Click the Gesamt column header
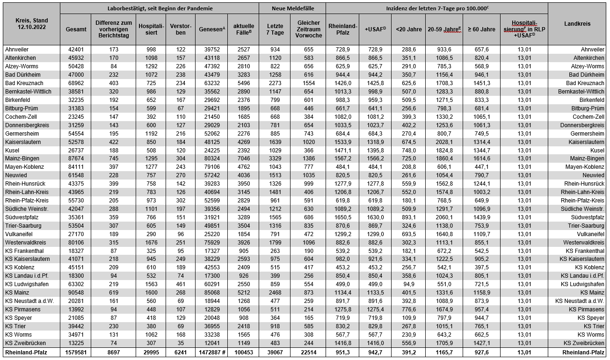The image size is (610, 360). [76, 29]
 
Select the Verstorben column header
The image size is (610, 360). [181, 29]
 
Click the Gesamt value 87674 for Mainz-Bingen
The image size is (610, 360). [76, 158]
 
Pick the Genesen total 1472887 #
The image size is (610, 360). [211, 353]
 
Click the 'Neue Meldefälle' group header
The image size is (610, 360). [292, 9]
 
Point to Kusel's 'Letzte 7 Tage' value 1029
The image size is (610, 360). [274, 150]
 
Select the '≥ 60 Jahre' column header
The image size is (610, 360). [481, 29]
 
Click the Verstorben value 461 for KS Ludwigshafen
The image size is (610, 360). [181, 284]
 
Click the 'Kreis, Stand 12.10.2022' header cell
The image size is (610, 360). [31, 24]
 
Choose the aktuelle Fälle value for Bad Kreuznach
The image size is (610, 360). [244, 83]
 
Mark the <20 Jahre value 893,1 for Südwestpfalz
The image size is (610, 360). [408, 217]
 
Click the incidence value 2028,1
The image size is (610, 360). [444, 142]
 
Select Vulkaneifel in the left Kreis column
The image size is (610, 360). [20, 234]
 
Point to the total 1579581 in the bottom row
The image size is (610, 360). [76, 353]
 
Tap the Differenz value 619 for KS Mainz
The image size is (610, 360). [113, 293]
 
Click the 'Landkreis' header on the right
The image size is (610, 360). [577, 24]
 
